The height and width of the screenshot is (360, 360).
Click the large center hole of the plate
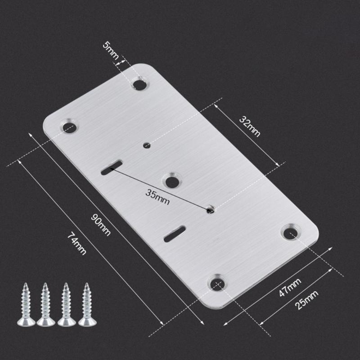171,180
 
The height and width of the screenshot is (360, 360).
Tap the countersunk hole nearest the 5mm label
140,83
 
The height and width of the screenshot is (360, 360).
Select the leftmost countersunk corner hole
69,126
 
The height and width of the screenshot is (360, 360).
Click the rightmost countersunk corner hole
290,232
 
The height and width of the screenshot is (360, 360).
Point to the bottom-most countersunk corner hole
217,283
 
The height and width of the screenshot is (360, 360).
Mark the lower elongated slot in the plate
174,233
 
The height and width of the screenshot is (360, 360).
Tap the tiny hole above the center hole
147,145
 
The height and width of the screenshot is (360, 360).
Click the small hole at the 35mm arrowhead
210,210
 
